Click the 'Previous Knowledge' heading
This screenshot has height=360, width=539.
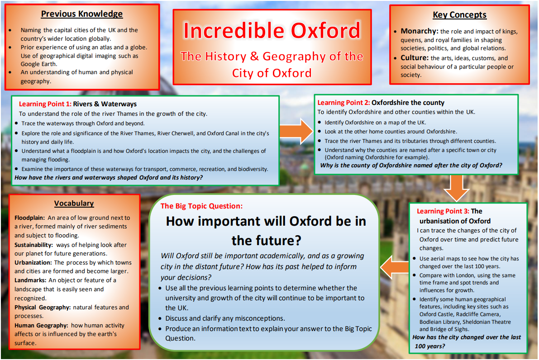82,14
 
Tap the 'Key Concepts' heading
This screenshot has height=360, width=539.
460,15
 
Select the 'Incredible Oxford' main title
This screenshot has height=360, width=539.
272,30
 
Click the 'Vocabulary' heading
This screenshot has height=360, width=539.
74,204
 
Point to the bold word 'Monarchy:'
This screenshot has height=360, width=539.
420,31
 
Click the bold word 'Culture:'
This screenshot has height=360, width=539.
415,58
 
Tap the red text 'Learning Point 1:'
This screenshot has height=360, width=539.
45,104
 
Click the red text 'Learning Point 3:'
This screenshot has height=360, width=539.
443,211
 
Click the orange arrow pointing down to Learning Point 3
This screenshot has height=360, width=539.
457,188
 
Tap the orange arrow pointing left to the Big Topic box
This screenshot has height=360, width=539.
395,268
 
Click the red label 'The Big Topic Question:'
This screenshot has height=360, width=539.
201,206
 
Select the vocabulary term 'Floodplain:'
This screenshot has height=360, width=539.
29,218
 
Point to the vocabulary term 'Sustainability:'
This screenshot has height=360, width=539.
33,245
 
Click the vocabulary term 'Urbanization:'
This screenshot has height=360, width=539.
33,262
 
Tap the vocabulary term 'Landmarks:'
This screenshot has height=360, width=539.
30,280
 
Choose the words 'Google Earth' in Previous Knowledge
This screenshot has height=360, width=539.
38,64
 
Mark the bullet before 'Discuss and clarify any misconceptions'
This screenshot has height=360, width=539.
160,319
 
